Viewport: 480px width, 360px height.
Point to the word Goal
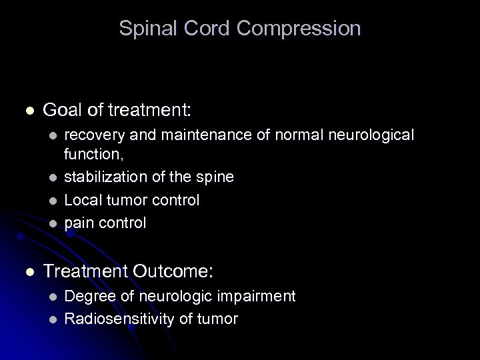coord(61,109)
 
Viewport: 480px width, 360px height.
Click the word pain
coord(79,222)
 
